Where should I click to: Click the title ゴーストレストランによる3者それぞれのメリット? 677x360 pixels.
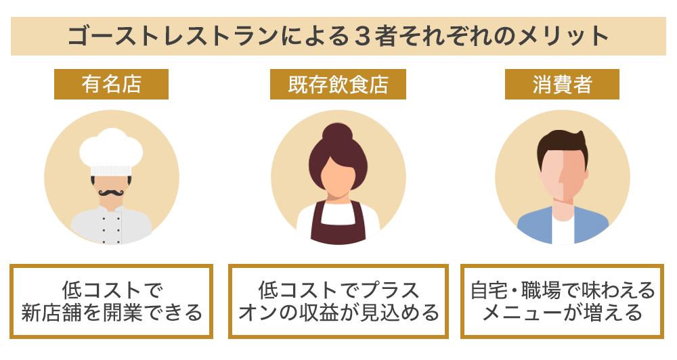[x=338, y=37]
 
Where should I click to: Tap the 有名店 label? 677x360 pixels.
[x=112, y=84]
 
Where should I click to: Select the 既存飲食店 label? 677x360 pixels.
[x=338, y=84]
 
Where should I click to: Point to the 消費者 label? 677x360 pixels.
[x=562, y=84]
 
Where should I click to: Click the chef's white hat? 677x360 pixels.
[x=111, y=151]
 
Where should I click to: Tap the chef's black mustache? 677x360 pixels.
[x=112, y=192]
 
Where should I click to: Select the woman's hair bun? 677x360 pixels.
[x=337, y=133]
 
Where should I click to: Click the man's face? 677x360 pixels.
[x=563, y=177]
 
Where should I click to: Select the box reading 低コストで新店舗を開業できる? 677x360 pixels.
[x=112, y=301]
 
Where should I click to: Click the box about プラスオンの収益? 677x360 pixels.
[x=338, y=301]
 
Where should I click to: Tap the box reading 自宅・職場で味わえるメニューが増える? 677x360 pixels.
[x=562, y=301]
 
